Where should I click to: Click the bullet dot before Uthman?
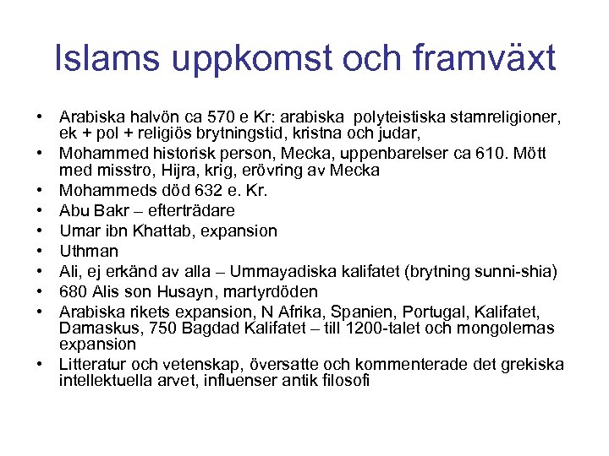point(40,251)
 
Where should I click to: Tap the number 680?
point(73,291)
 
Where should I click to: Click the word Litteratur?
point(96,365)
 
